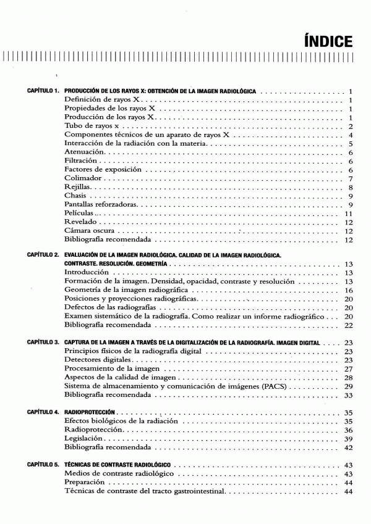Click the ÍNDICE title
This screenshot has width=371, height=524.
[x=328, y=42]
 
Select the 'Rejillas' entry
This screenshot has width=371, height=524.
[x=79, y=186]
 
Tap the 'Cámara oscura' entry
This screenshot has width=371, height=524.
[x=91, y=230]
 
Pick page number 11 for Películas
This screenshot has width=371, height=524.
[x=349, y=213]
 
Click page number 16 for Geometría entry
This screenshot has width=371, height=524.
[x=349, y=289]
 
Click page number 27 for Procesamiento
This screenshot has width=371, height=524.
[x=349, y=368]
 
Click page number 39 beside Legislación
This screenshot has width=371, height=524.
[x=349, y=438]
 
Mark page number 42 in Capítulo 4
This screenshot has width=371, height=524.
[x=349, y=446]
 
